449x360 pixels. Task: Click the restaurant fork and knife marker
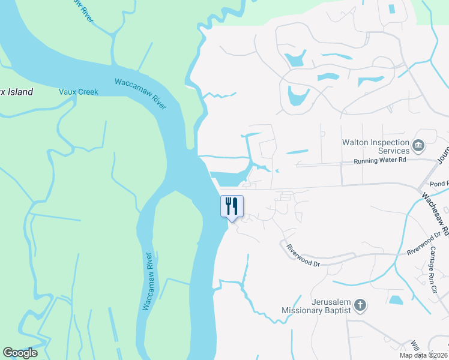pyautogui.click(x=232, y=206)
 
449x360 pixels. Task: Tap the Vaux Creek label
pyautogui.click(x=78, y=92)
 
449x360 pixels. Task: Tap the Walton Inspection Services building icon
pyautogui.click(x=418, y=145)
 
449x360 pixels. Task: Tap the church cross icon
pyautogui.click(x=360, y=306)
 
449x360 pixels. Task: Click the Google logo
pyautogui.click(x=20, y=353)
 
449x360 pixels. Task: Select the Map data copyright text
pyautogui.click(x=423, y=355)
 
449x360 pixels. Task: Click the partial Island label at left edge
pyautogui.click(x=16, y=92)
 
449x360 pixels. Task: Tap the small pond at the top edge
pyautogui.click(x=392, y=9)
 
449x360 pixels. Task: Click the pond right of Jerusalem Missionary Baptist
pyautogui.click(x=396, y=299)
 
